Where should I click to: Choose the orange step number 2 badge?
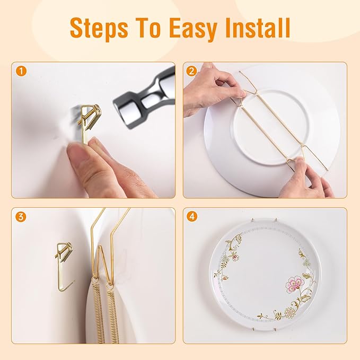[x=191, y=71]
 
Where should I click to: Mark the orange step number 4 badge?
[x=191, y=216]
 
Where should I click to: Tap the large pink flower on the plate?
[x=294, y=285]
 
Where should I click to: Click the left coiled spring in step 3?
[x=98, y=313]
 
